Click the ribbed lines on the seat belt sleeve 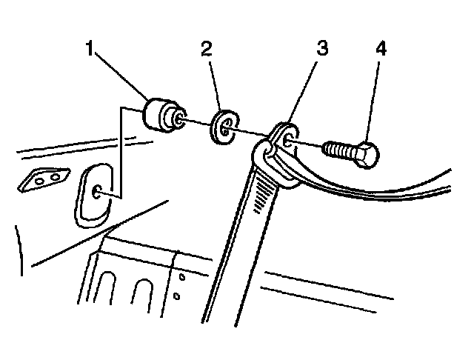point(262,194)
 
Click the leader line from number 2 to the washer point(214,86)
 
